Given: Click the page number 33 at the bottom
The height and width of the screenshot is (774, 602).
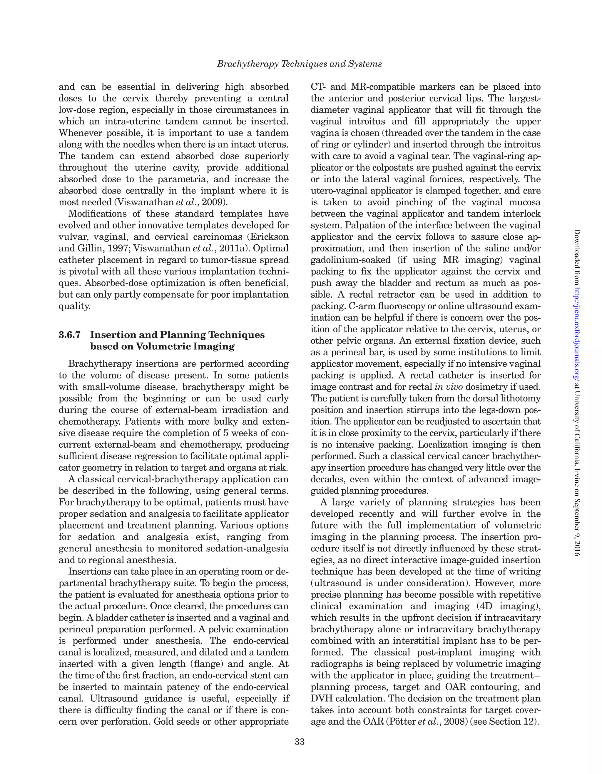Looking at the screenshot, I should click(300, 742).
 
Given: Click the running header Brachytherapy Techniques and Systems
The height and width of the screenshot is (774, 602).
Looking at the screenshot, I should click(300, 64).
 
